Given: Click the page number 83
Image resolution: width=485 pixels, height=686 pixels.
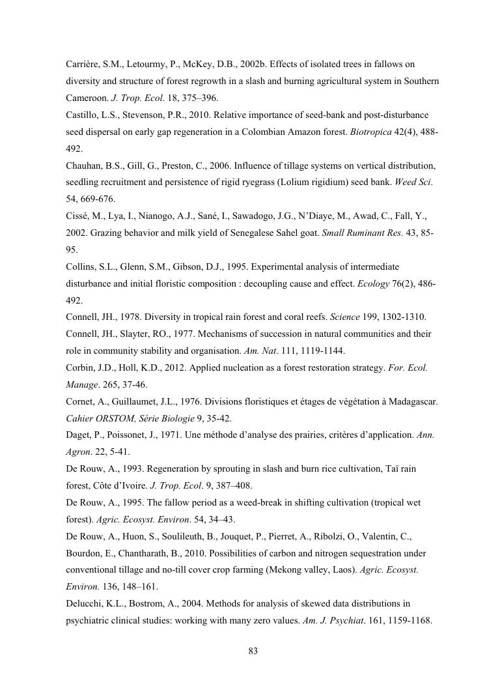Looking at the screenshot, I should pos(254,651).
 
